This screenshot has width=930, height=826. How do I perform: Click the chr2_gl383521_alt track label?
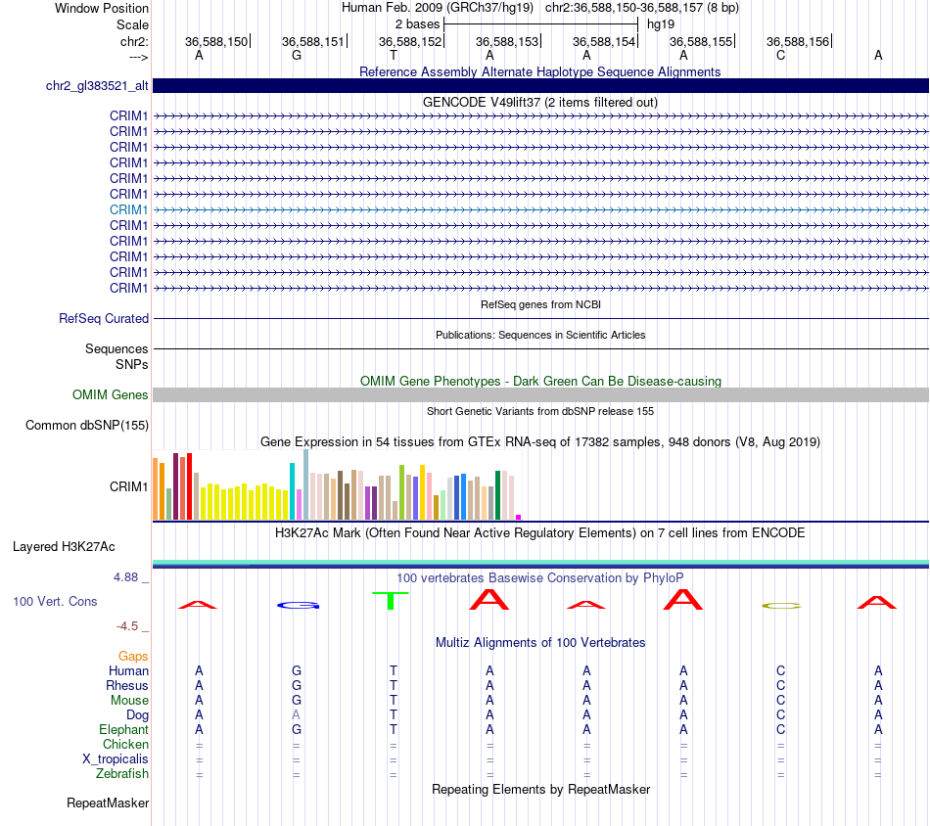click(x=97, y=85)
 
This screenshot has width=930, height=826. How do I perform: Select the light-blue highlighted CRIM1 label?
click(x=128, y=209)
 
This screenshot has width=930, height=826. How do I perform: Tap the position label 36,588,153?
click(x=506, y=41)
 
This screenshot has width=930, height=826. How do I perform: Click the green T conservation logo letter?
click(x=390, y=600)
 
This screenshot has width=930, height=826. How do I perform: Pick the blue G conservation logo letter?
click(x=299, y=606)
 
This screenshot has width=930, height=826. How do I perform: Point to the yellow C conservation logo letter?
click(x=780, y=606)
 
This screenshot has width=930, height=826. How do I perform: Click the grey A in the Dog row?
click(x=296, y=715)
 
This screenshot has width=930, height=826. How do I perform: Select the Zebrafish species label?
click(x=122, y=774)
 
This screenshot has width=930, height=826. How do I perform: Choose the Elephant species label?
click(x=123, y=730)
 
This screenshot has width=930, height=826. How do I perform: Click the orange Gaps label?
click(x=133, y=657)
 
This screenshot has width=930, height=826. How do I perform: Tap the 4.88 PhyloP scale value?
click(x=125, y=577)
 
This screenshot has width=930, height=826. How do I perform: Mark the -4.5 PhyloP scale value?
click(x=127, y=626)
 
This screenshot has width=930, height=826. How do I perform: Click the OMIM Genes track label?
click(x=110, y=395)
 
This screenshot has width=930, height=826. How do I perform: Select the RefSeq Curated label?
click(x=104, y=318)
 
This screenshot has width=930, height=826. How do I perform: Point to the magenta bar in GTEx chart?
click(x=519, y=517)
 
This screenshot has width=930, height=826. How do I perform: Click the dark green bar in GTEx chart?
click(x=497, y=495)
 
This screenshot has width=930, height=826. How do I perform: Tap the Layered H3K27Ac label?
click(x=64, y=547)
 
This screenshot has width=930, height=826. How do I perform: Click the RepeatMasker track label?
click(x=108, y=803)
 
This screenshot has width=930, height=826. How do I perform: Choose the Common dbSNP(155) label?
click(x=86, y=425)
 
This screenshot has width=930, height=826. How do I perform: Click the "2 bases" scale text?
click(x=418, y=24)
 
